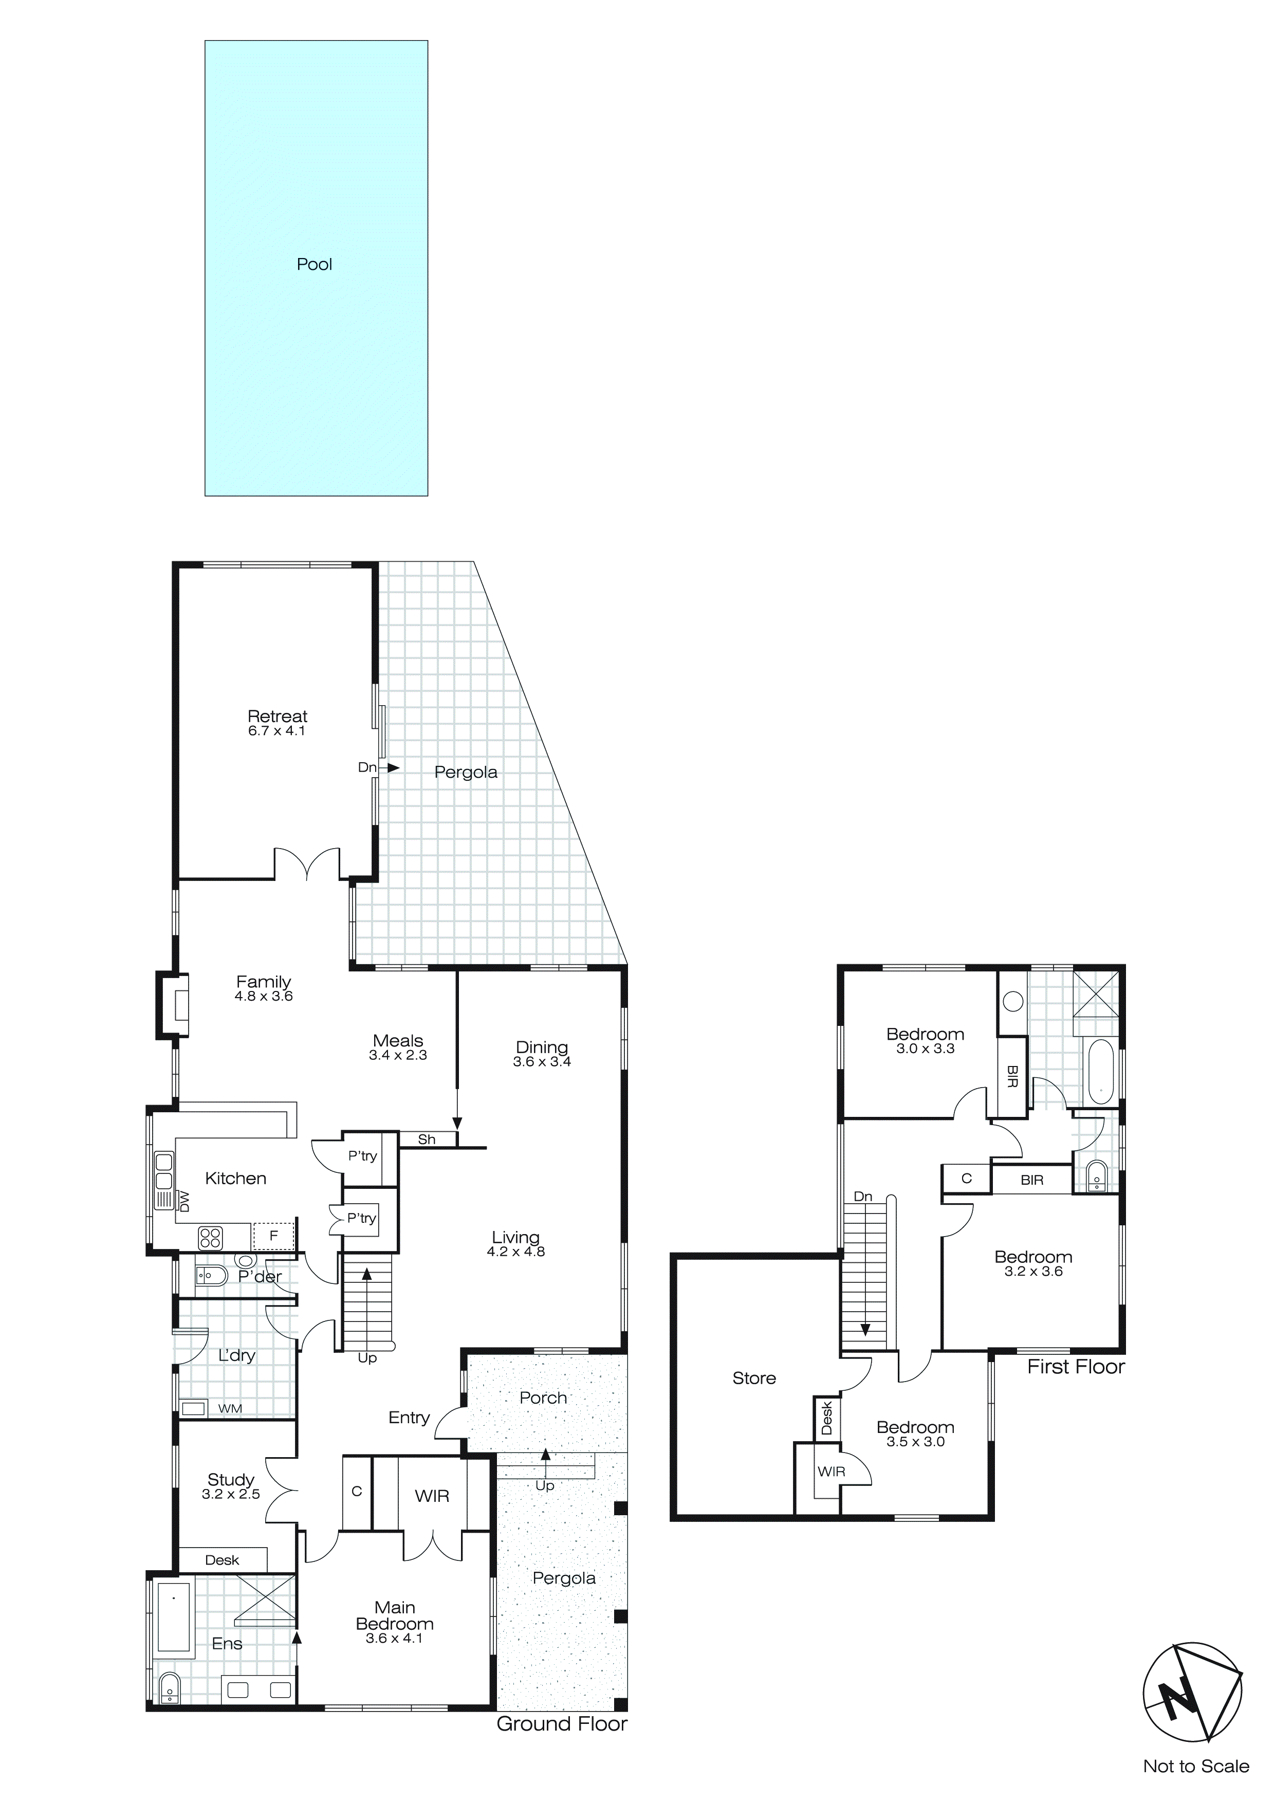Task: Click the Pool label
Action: (314, 264)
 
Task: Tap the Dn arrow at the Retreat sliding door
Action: (392, 768)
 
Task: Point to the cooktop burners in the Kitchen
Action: (210, 1238)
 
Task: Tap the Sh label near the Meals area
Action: (427, 1140)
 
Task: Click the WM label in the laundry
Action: (230, 1408)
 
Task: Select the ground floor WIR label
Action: (432, 1496)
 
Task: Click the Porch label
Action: (543, 1397)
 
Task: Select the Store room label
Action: (754, 1378)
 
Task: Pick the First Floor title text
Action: (1076, 1367)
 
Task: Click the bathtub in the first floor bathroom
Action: (1101, 1072)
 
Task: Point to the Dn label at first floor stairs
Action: (863, 1196)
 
